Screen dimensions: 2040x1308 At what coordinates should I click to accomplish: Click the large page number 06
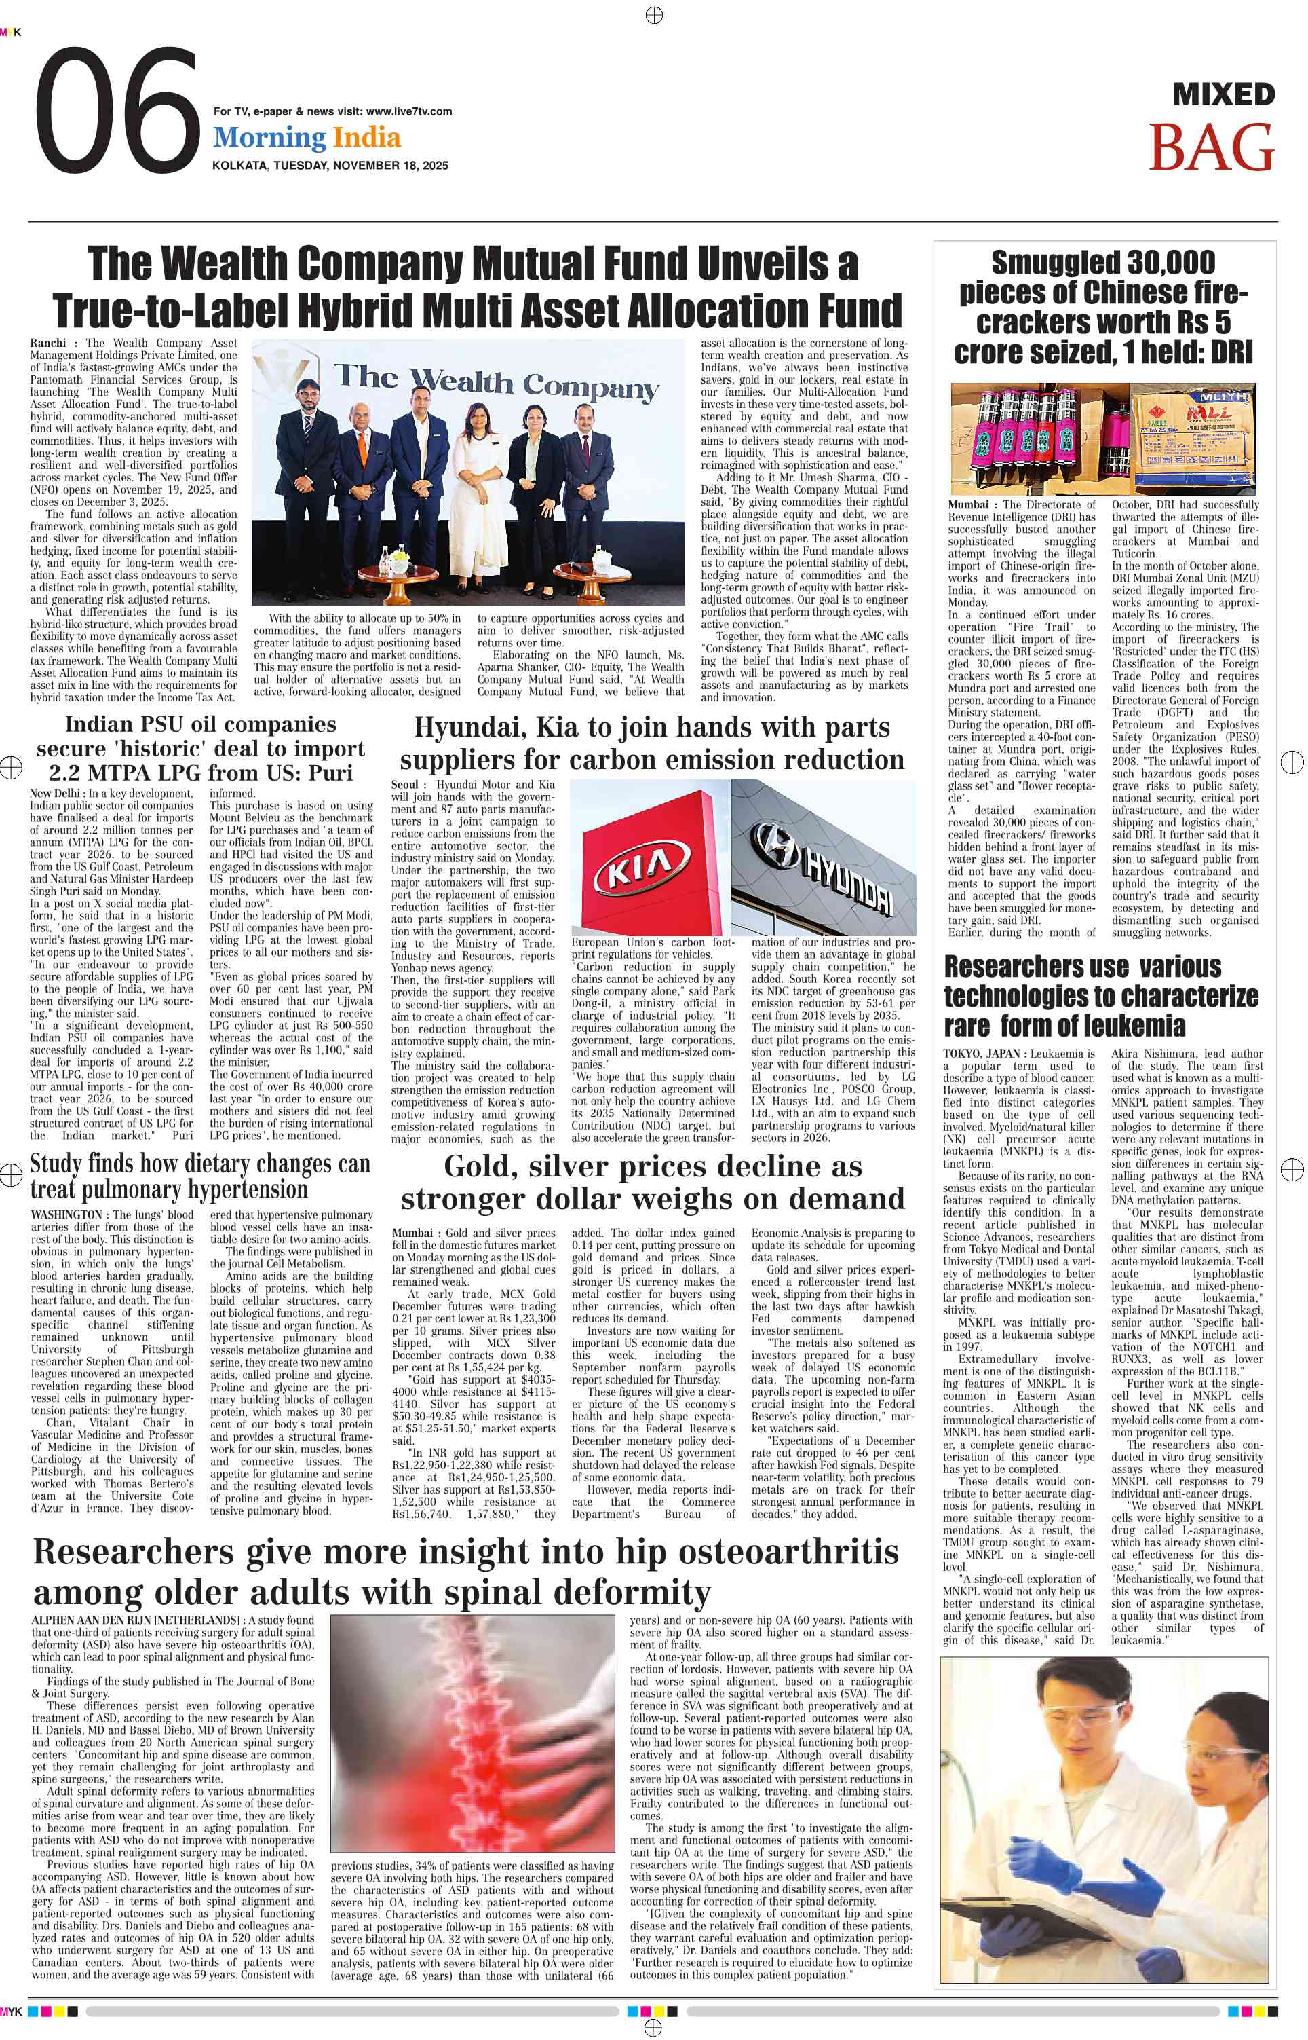click(x=117, y=111)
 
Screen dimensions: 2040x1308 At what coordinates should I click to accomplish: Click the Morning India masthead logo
click(x=307, y=138)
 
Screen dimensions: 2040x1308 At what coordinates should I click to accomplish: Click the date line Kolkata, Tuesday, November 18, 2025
click(x=330, y=166)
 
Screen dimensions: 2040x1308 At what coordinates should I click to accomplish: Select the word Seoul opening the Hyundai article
click(x=405, y=785)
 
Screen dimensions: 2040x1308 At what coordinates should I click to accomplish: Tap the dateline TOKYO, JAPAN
click(x=981, y=1054)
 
